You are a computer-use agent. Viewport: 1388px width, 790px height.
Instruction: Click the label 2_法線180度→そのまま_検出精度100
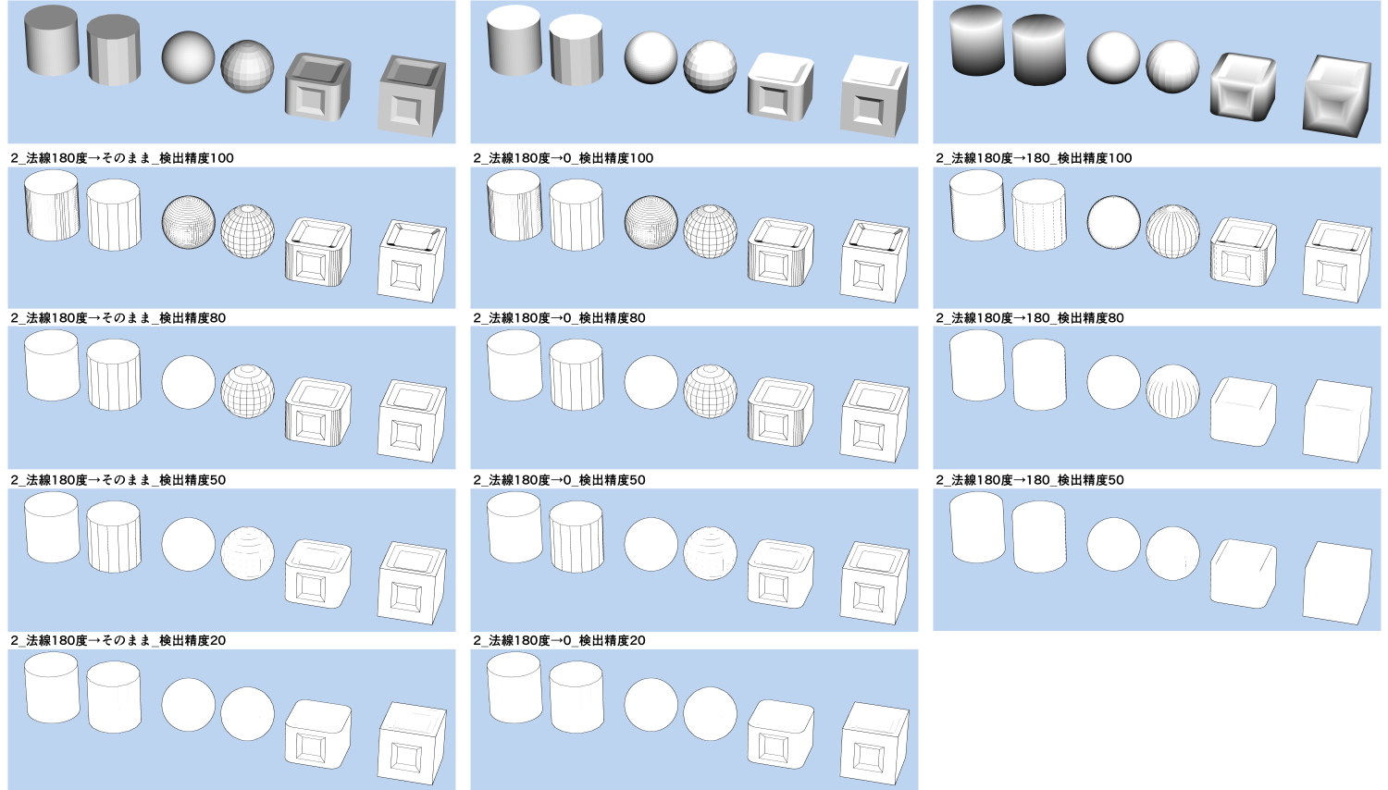[122, 158]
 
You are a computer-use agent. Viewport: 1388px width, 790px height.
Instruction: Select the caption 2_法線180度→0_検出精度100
[563, 158]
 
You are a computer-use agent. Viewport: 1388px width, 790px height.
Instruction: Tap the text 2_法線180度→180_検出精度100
[1034, 158]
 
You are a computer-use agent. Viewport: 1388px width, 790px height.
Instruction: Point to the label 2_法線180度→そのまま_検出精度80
[118, 318]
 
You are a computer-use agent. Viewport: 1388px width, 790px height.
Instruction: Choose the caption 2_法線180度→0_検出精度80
[559, 318]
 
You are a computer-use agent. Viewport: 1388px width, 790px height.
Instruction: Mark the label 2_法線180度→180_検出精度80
[1030, 318]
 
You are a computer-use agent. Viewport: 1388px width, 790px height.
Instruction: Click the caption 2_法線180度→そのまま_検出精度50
[118, 480]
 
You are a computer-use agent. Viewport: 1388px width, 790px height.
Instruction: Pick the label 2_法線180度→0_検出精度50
[559, 480]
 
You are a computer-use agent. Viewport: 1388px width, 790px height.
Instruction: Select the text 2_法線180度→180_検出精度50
[1030, 480]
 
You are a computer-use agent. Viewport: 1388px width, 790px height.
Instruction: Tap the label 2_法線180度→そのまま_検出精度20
[118, 640]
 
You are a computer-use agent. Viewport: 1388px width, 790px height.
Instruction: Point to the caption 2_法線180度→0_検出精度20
[559, 640]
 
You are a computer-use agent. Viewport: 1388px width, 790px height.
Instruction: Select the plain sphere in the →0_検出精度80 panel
[651, 382]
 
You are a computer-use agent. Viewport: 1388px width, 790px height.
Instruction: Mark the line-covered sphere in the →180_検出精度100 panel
[1172, 230]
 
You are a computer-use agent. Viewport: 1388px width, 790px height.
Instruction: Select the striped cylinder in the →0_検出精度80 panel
[576, 377]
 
